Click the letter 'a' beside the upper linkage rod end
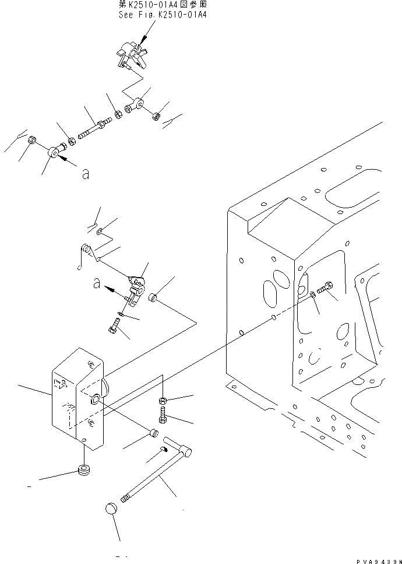pos(85,173)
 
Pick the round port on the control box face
pos(94,400)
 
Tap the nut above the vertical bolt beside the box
pos(164,401)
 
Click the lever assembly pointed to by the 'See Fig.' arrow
pos(131,56)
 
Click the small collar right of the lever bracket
pos(154,299)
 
